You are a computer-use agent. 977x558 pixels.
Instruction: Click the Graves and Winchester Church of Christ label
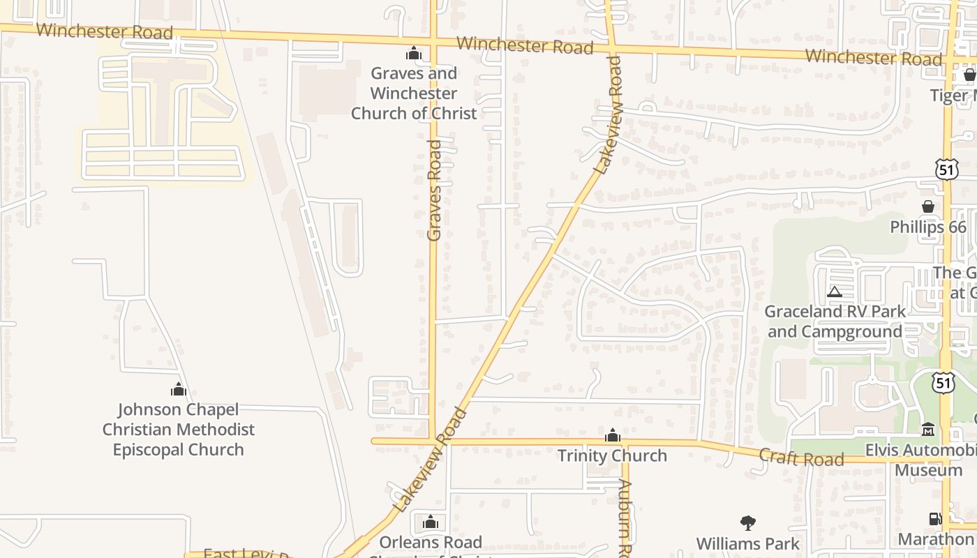point(414,93)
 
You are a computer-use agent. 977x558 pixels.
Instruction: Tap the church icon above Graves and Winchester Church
point(414,53)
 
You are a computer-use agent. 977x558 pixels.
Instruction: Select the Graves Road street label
point(434,190)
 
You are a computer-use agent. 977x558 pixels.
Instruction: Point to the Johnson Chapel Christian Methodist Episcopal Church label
point(179,429)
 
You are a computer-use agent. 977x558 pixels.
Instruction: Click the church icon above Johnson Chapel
point(179,389)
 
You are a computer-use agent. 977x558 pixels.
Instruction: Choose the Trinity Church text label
point(612,455)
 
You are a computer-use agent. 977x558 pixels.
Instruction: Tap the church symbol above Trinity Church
point(613,436)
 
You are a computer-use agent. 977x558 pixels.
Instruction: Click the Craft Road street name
point(801,458)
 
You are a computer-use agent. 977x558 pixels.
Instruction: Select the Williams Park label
point(748,543)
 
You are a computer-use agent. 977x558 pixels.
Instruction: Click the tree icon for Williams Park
point(748,522)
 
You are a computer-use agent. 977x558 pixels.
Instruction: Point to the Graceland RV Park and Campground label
point(835,322)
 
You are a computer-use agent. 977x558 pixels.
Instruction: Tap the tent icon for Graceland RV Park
point(835,292)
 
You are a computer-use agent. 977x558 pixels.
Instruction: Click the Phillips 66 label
point(928,227)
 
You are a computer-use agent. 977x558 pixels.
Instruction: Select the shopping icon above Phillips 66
point(928,206)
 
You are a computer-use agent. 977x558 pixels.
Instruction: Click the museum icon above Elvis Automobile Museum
point(928,430)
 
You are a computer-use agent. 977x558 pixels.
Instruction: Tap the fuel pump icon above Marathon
point(935,518)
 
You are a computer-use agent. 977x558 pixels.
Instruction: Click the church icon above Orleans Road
point(431,522)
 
